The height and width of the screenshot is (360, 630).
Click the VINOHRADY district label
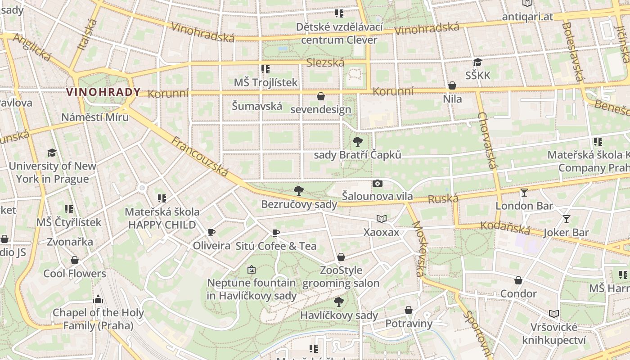tap(103, 92)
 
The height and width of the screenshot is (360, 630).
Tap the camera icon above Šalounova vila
tap(378, 183)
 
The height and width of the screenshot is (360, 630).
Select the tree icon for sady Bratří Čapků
tap(358, 142)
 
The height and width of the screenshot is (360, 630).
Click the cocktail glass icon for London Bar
tap(524, 193)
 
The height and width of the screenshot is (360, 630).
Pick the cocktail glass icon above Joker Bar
tap(566, 219)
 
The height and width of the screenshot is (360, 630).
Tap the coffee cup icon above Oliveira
tap(211, 233)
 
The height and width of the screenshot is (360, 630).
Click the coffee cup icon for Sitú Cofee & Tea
tap(275, 233)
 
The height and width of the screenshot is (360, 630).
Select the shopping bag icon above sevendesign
tap(321, 96)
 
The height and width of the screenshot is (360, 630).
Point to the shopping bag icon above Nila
tap(452, 85)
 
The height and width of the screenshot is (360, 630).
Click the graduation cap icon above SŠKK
tap(477, 62)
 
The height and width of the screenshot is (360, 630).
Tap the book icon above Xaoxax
tap(381, 219)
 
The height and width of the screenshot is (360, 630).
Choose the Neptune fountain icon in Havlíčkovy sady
tap(252, 270)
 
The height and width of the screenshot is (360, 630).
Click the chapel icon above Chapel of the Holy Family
tap(98, 299)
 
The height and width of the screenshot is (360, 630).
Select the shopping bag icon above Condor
tap(518, 280)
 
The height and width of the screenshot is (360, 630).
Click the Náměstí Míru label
tap(95, 117)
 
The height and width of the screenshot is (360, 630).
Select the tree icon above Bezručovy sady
tap(298, 191)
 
